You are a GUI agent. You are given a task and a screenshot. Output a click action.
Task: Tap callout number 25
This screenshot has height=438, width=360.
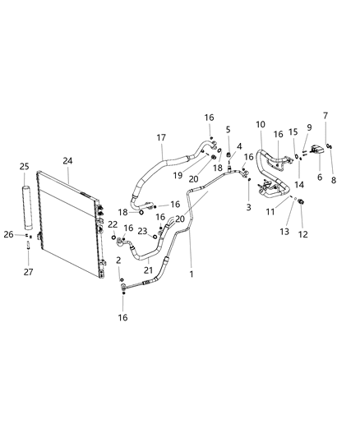tap(25, 167)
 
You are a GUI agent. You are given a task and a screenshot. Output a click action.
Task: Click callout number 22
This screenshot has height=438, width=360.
tap(113, 224)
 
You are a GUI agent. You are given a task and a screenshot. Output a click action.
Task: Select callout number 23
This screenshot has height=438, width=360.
tap(143, 231)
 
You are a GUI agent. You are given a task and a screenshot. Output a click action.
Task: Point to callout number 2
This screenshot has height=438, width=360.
tap(120, 260)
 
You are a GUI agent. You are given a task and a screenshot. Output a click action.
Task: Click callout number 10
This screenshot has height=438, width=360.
tap(260, 124)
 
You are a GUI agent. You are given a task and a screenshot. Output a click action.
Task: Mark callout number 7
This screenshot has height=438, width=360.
tap(326, 116)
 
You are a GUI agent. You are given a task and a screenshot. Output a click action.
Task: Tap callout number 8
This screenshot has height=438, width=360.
tap(334, 157)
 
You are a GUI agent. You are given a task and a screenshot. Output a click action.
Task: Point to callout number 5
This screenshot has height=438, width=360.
tap(228, 129)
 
